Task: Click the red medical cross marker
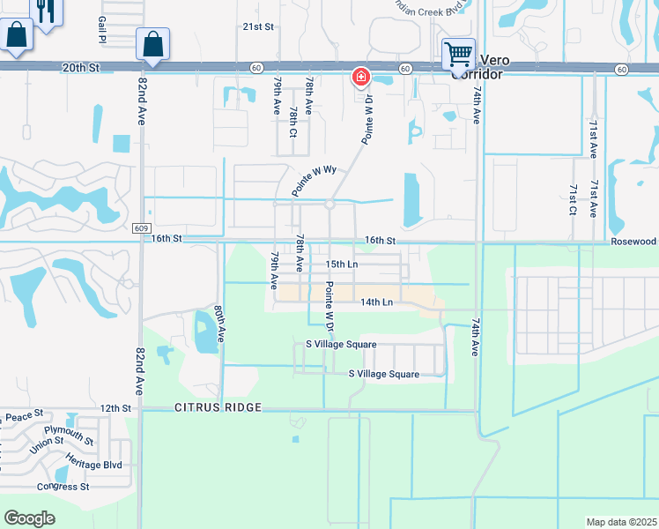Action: tap(360, 77)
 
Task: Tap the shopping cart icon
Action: tap(458, 54)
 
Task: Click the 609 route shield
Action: tap(142, 227)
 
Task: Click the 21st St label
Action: tap(259, 26)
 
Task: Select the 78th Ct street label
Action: tap(292, 124)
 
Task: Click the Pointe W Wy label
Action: tap(315, 180)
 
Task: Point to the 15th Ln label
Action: tap(341, 264)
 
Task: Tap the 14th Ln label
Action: tap(375, 302)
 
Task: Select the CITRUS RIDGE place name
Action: tap(218, 407)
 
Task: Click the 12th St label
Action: tap(115, 408)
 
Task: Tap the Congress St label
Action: tap(63, 486)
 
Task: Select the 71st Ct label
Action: tap(572, 200)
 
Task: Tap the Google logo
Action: tap(29, 518)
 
